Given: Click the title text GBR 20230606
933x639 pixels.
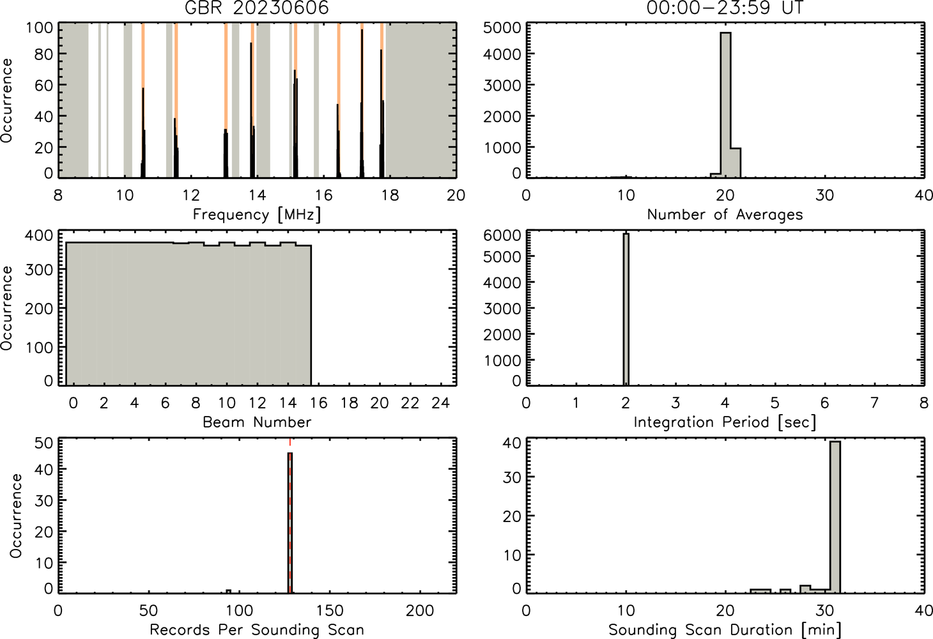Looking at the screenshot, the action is pyautogui.click(x=257, y=8).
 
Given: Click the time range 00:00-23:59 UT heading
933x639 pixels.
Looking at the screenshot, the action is pyautogui.click(x=725, y=8).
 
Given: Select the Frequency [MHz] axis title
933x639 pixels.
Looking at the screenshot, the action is pyautogui.click(x=257, y=215).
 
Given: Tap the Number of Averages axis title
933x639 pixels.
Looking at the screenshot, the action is pyautogui.click(x=725, y=215).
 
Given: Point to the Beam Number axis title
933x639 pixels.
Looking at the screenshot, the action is pyautogui.click(x=257, y=422).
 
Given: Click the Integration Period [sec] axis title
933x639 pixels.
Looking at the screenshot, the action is pyautogui.click(x=725, y=422).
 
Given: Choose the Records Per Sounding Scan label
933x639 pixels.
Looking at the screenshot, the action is pyautogui.click(x=257, y=629).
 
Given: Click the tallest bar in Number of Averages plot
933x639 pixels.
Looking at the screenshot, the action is pyautogui.click(x=725, y=105).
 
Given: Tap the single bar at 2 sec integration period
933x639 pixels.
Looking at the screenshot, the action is pyautogui.click(x=626, y=309).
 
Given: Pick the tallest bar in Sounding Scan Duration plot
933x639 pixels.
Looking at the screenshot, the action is pyautogui.click(x=835, y=517).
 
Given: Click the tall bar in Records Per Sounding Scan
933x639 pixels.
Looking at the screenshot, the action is pyautogui.click(x=290, y=523).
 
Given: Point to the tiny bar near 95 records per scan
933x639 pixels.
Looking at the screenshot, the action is pyautogui.click(x=228, y=591).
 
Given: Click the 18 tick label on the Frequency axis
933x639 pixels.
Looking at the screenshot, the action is pyautogui.click(x=390, y=195).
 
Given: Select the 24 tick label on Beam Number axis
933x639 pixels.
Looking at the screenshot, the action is pyautogui.click(x=441, y=403).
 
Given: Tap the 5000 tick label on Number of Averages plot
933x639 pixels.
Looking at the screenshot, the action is pyautogui.click(x=502, y=27).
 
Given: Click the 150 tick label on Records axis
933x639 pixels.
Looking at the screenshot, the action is pyautogui.click(x=330, y=611).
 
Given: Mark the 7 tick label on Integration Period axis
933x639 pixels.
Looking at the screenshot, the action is pyautogui.click(x=874, y=403).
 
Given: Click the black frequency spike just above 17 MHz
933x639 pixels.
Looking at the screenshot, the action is pyautogui.click(x=362, y=104).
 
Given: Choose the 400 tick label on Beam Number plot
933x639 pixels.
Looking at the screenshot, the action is pyautogui.click(x=39, y=235).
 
